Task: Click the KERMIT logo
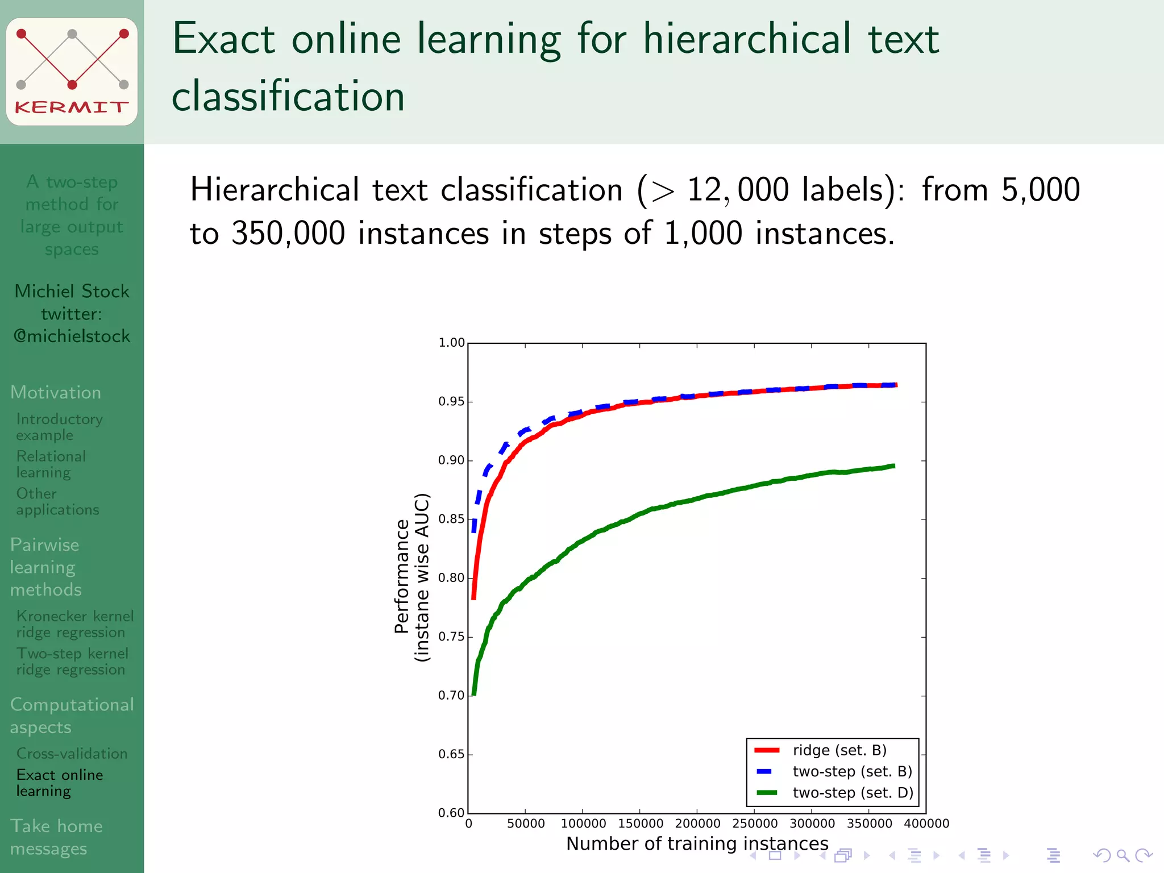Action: tap(72, 72)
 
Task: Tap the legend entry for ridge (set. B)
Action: tap(839, 750)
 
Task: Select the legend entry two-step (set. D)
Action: tap(853, 793)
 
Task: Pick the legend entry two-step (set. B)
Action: tap(852, 772)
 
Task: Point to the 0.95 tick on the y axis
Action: tap(451, 402)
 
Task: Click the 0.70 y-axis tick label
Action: tap(451, 696)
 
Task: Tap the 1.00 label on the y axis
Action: tap(451, 343)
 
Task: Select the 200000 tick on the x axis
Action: tap(697, 824)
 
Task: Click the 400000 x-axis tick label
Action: tap(926, 824)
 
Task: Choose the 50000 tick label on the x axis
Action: tap(526, 824)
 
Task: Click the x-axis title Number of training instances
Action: tap(697, 843)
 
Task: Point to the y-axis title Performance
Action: tap(402, 576)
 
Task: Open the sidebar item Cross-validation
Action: tap(72, 754)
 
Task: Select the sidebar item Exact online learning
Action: tap(60, 783)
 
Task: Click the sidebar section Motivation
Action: tap(56, 392)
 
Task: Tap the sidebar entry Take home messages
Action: tap(56, 837)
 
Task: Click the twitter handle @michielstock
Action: tap(72, 336)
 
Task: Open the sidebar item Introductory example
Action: tap(59, 427)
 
